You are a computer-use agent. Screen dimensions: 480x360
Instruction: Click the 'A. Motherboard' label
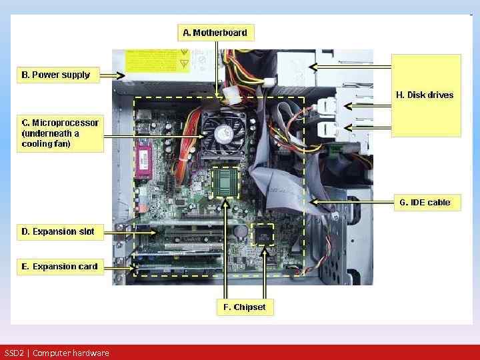[x=216, y=33]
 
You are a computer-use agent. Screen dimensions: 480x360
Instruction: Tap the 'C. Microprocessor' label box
[x=60, y=133]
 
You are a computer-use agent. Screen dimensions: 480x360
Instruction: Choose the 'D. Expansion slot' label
[x=58, y=231]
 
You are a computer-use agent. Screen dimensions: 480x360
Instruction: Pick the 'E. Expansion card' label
[x=59, y=266]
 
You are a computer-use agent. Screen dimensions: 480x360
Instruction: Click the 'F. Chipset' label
[x=244, y=307]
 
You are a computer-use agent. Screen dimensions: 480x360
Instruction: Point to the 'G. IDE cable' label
[x=425, y=202]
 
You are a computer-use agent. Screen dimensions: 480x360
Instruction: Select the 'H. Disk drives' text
[x=425, y=95]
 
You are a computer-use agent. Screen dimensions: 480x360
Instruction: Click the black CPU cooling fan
[x=224, y=132]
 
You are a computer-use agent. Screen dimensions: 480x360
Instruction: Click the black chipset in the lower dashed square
[x=264, y=235]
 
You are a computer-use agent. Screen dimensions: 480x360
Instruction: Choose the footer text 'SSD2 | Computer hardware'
[x=57, y=353]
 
